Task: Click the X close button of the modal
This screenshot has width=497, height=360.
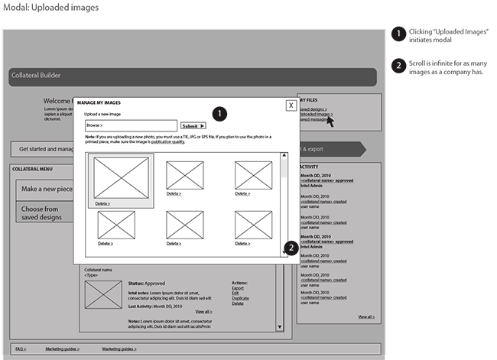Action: (x=291, y=105)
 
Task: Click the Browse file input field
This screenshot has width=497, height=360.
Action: (x=131, y=125)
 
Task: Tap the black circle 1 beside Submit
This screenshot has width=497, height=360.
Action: (x=220, y=114)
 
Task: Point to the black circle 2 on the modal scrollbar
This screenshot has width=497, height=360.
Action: (x=291, y=248)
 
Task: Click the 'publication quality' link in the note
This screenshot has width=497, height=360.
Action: (x=167, y=142)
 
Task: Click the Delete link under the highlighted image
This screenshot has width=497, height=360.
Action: (x=102, y=204)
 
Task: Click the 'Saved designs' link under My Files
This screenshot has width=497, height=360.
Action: (x=313, y=109)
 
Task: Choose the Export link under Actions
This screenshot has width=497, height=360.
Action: (x=237, y=288)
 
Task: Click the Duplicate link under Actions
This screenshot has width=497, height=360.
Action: (x=240, y=298)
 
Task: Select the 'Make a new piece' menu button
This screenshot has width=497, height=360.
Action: (x=47, y=189)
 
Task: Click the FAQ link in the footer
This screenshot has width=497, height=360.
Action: (x=21, y=349)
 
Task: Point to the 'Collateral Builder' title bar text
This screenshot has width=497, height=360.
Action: (x=36, y=76)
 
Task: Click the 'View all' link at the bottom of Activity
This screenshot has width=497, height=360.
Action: (x=366, y=316)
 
